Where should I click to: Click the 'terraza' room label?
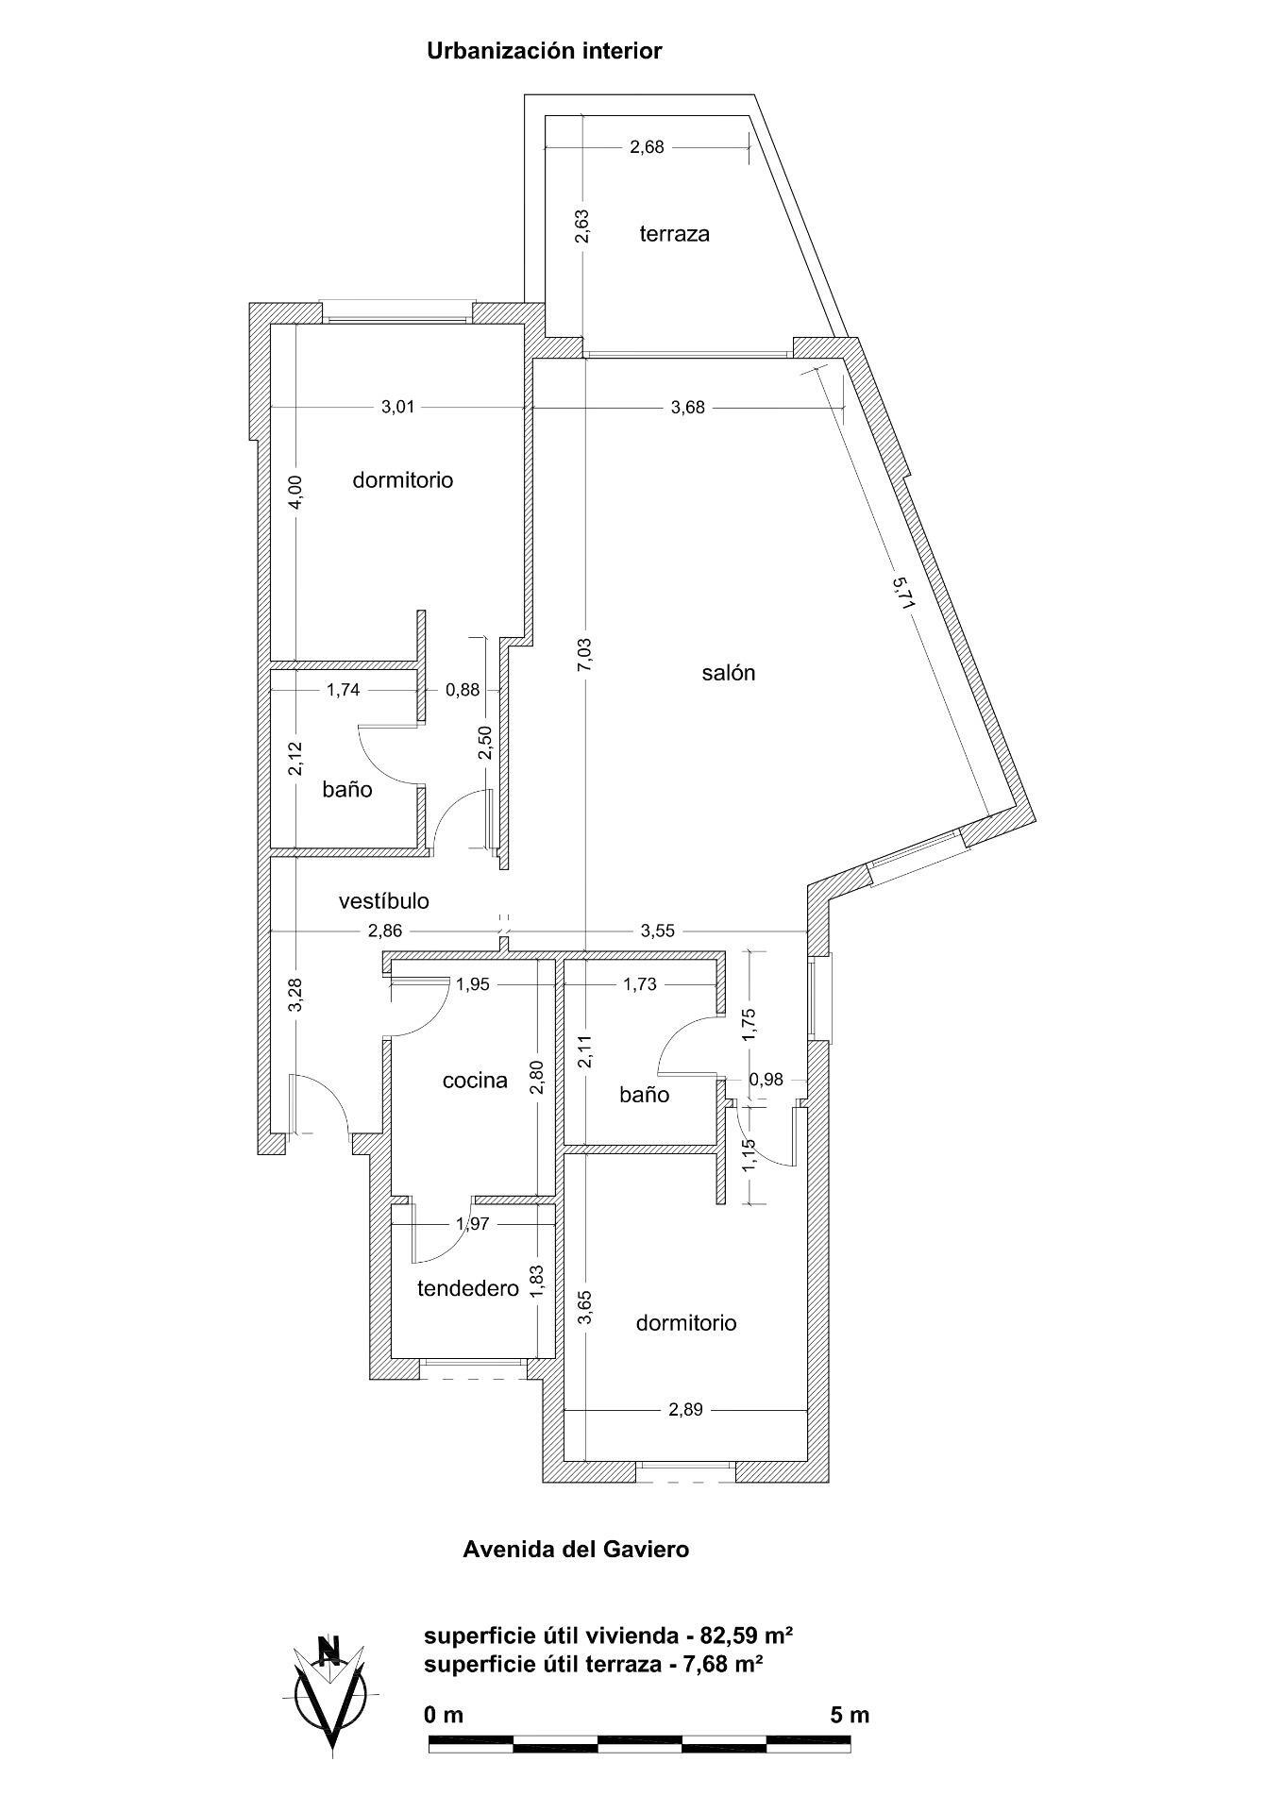674,234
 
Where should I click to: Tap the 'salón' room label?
729,673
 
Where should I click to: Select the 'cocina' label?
475,1081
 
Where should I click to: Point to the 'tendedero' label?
468,1288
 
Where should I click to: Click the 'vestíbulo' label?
384,901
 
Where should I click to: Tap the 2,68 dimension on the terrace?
648,147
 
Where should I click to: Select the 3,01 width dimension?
397,408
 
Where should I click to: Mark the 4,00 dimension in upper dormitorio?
295,493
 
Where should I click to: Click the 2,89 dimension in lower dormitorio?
686,1410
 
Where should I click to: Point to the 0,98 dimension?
766,1080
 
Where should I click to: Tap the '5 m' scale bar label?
850,1715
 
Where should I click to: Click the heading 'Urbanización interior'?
545,51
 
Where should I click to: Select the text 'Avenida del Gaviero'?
576,1549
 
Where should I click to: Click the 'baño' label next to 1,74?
347,789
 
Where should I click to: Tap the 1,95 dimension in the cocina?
472,984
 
